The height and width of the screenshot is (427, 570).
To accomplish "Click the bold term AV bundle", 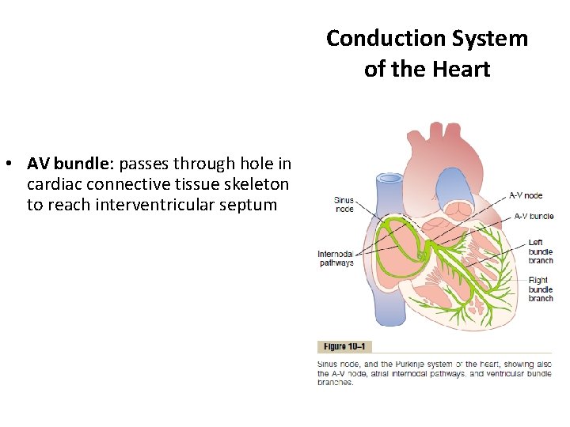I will click(x=71, y=164).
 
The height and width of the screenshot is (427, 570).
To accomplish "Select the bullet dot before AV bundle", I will click(x=7, y=164).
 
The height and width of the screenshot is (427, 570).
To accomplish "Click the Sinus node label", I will click(x=344, y=205).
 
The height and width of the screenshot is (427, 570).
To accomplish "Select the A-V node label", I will click(x=525, y=195).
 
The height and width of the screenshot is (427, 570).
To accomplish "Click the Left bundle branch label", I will click(x=540, y=251).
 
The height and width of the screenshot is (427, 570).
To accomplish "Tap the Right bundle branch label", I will click(x=540, y=289).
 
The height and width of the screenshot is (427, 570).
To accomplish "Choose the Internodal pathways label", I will click(x=336, y=259).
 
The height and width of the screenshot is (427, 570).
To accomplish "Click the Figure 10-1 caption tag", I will click(x=344, y=346).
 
